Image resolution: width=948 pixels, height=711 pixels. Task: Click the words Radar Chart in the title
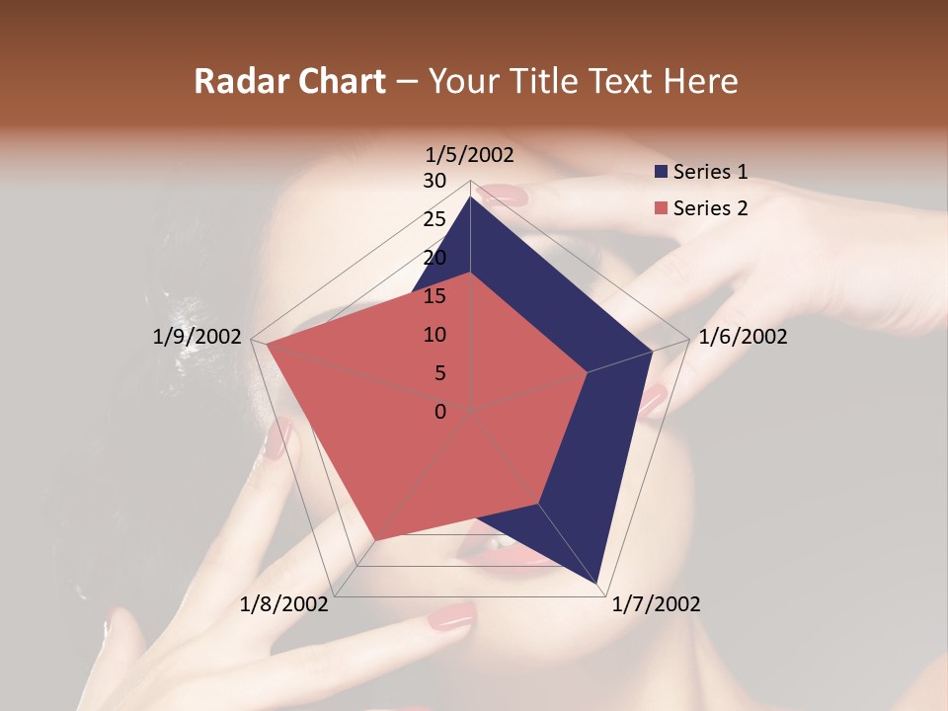coord(289,82)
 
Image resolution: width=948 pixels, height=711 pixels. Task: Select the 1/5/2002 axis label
coord(469,154)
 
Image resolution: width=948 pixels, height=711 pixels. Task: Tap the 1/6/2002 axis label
coord(743,337)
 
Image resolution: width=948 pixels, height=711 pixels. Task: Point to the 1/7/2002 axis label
coord(656,604)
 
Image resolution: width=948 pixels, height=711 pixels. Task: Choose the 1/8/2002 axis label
coord(284,604)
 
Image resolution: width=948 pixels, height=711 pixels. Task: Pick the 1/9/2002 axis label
coord(197,337)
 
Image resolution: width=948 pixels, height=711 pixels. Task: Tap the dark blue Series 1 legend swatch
coord(661,172)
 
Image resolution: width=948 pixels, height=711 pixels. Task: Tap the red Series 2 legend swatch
coord(661,208)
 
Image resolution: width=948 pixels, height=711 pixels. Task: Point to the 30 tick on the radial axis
coord(434,181)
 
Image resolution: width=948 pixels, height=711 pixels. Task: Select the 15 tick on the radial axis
coord(434,296)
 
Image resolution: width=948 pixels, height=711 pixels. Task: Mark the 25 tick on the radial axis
coord(434,219)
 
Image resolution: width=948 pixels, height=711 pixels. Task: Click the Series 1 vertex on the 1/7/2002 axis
coord(599,585)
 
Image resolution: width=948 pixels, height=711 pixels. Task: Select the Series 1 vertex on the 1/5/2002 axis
coord(470,197)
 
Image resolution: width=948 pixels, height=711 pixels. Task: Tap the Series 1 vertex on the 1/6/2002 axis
coord(653,351)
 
